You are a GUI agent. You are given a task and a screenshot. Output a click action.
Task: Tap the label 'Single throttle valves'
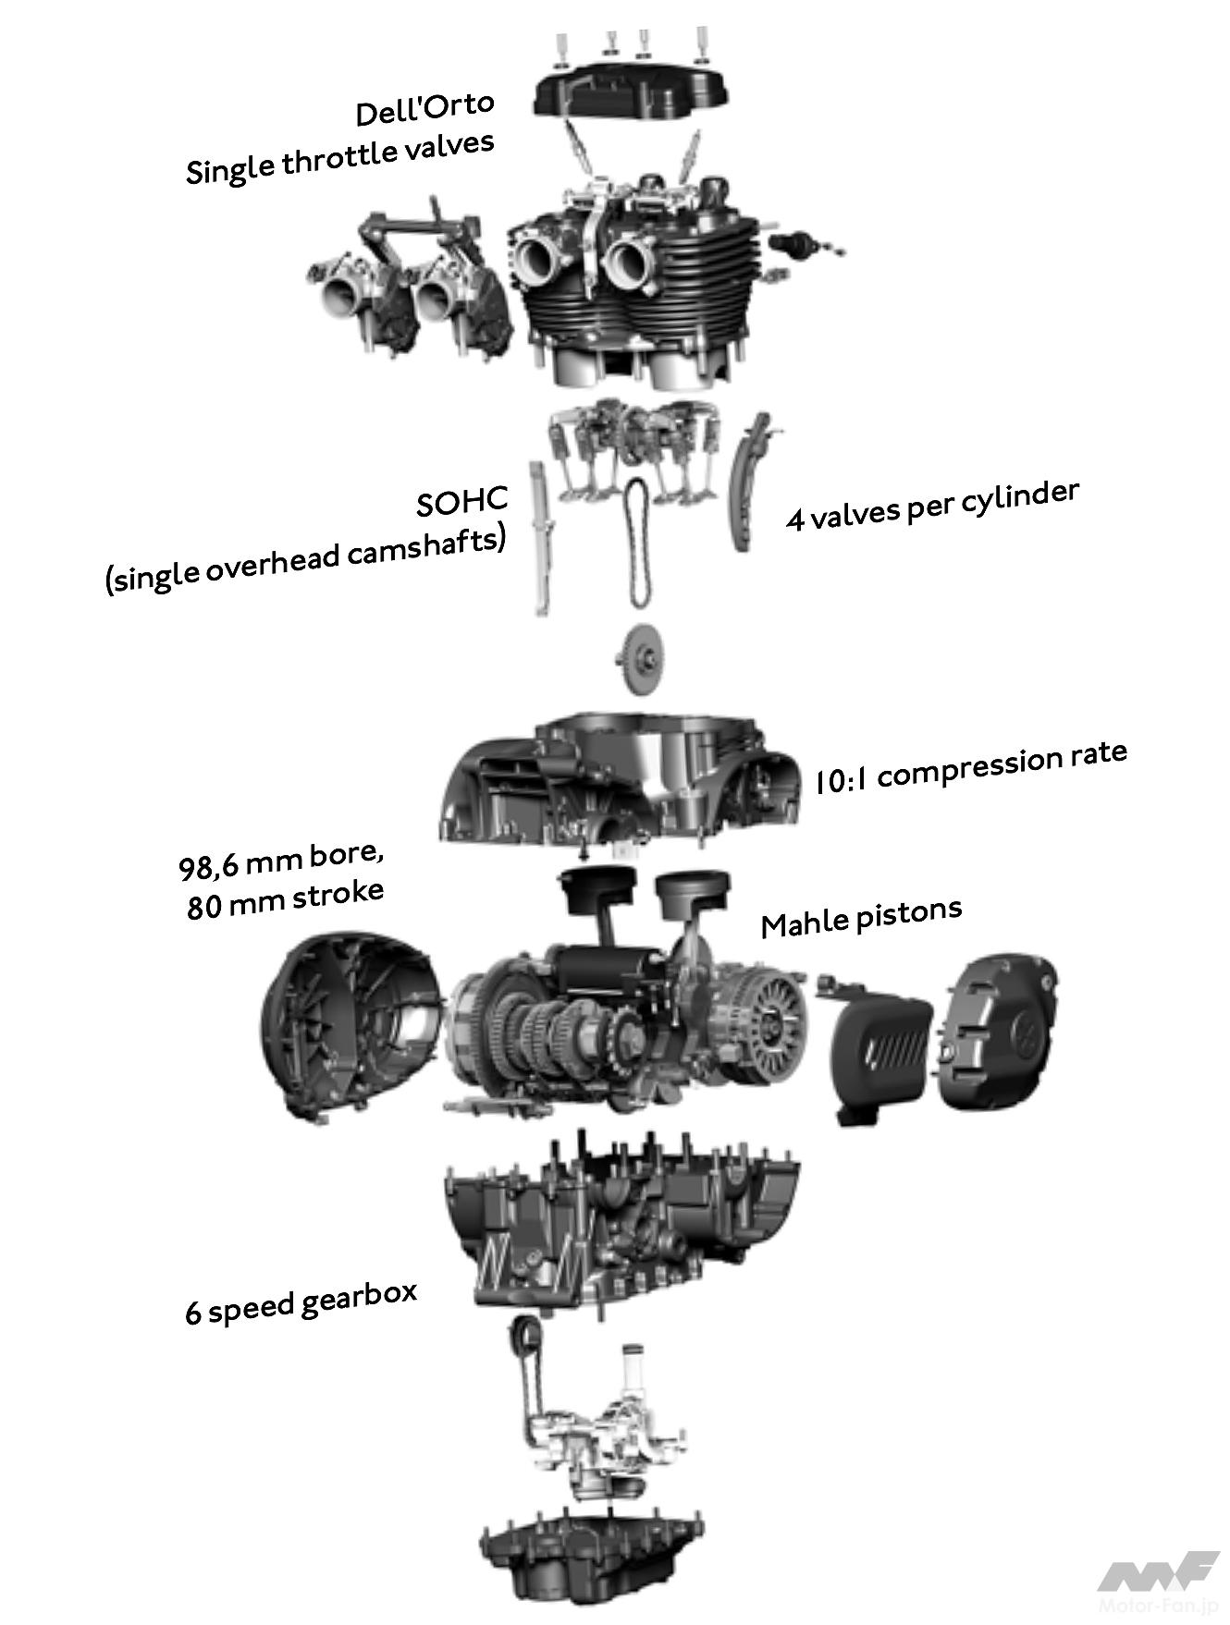[339, 157]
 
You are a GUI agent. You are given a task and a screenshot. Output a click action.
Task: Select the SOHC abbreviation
[461, 502]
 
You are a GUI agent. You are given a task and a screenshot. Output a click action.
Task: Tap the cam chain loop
[635, 544]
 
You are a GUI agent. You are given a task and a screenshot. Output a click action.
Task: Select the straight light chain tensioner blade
[539, 537]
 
